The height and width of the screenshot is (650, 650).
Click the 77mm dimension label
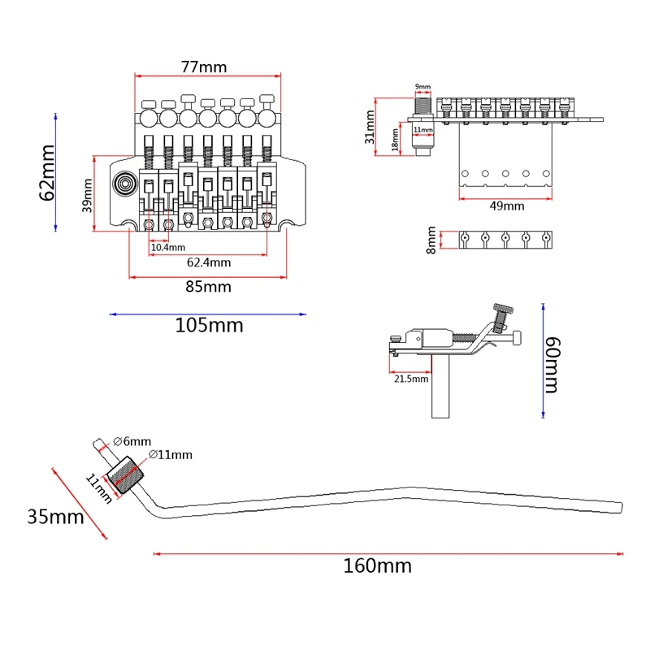pos(204,67)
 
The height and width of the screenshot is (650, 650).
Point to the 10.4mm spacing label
pos(167,247)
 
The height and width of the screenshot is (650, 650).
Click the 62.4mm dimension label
pos(209,262)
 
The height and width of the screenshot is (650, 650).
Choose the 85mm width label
pos(208,287)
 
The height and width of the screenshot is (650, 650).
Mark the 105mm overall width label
pos(209,326)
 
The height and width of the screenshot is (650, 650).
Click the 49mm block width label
pos(507,206)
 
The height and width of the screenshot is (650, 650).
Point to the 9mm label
pos(422,86)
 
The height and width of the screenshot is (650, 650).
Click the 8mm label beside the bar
pos(431,240)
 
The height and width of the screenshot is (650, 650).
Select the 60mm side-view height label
pos(552,365)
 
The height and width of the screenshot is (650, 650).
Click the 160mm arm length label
pos(376,565)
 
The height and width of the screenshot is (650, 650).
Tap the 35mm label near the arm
pos(55,516)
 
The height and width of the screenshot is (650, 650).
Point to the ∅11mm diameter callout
pos(171,455)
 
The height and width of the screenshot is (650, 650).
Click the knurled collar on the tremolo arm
pos(127,475)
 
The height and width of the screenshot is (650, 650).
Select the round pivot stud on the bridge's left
pos(125,184)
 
